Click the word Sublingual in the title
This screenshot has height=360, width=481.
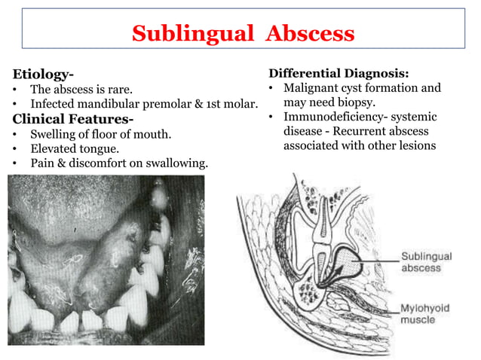point(179,34)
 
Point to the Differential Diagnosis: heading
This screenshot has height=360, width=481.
point(339,74)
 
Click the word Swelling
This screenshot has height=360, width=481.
point(54,134)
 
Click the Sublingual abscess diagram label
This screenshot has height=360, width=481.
point(426,262)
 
